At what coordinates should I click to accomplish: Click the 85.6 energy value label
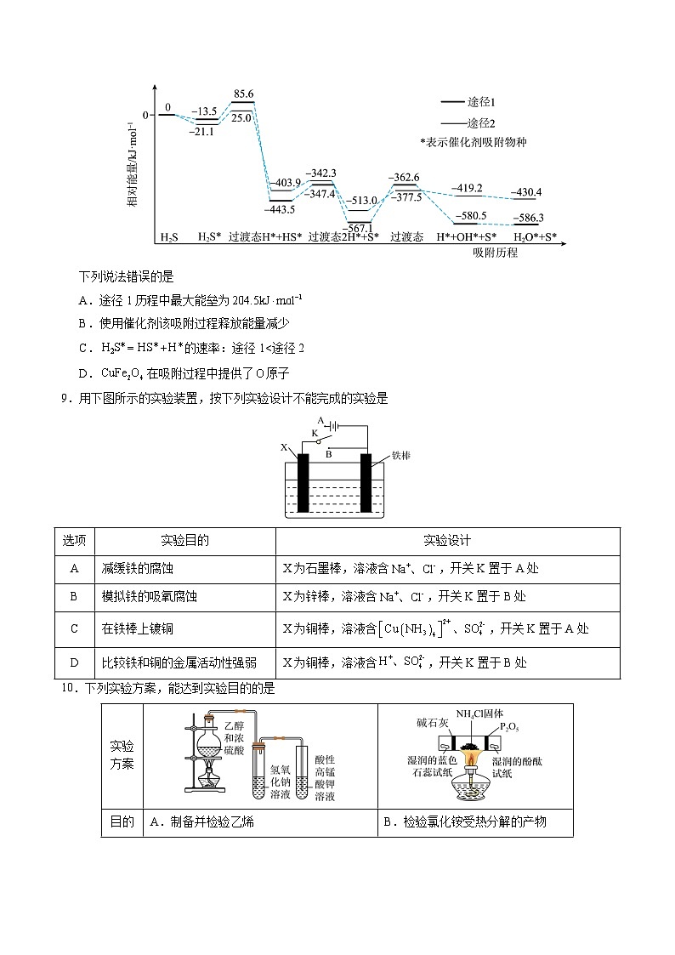pyautogui.click(x=243, y=94)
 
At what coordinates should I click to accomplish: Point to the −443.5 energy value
pyautogui.click(x=280, y=209)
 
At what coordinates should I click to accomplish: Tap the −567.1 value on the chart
pyautogui.click(x=360, y=227)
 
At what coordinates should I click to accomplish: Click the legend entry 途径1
pyautogui.click(x=482, y=101)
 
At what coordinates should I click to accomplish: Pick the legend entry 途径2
pyautogui.click(x=482, y=122)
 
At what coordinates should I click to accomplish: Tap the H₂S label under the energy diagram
pyautogui.click(x=169, y=237)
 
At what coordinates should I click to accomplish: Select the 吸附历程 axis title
pyautogui.click(x=496, y=253)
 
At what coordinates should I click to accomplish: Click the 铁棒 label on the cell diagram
pyautogui.click(x=401, y=456)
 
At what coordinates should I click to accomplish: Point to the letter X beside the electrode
pyautogui.click(x=284, y=446)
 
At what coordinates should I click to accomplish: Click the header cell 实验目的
pyautogui.click(x=184, y=541)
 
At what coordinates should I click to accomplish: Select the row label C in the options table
pyautogui.click(x=74, y=629)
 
